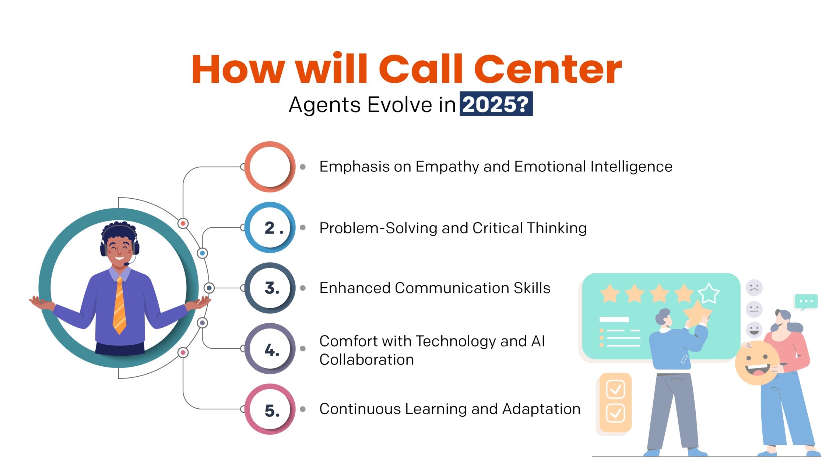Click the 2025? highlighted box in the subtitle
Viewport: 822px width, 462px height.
coord(496,104)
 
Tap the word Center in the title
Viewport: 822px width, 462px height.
coord(548,69)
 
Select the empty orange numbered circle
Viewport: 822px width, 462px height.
coord(270,167)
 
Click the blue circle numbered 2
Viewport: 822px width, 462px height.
coord(270,227)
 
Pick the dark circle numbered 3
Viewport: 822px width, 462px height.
coord(270,288)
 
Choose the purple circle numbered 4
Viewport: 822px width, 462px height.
coord(270,349)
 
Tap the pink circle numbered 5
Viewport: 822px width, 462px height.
coord(270,409)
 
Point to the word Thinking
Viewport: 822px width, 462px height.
coord(556,228)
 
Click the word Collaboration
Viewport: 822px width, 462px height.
coord(366,360)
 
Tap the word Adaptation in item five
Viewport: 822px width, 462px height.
coord(541,409)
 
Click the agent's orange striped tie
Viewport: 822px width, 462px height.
coord(119,305)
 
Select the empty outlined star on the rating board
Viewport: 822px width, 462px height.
coord(709,293)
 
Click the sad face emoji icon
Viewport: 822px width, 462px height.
coord(754,288)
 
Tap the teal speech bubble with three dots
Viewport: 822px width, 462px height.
coord(806,302)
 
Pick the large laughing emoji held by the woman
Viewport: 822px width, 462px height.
coord(757,363)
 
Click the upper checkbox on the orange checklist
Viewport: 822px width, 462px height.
coord(615,389)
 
